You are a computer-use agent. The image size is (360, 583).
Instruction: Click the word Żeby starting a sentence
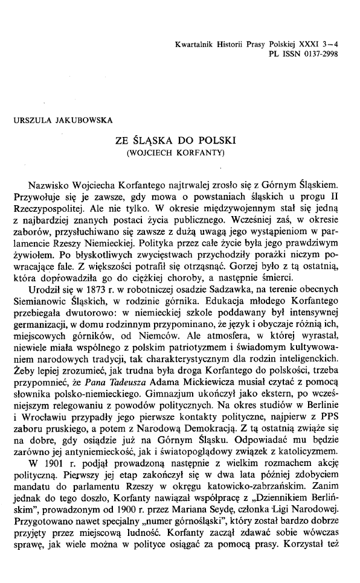pos(24,360)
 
